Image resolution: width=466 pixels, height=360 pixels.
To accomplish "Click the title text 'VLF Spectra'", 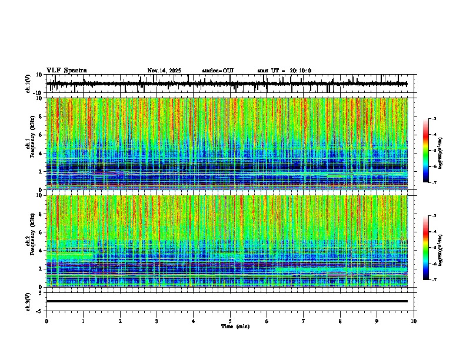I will [66, 71].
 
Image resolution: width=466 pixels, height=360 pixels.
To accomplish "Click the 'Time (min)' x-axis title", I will [235, 326].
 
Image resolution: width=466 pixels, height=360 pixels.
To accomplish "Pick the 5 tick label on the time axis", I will [230, 321].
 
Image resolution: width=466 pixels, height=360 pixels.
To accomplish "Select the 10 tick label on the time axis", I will [414, 321].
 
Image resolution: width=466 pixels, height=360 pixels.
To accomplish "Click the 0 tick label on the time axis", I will [46, 321].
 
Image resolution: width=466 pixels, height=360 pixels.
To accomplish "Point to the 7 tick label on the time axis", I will [304, 321].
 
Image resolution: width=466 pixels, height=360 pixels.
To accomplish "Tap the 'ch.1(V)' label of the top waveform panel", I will [28, 84].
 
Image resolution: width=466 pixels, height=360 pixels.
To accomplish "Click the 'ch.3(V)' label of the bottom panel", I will [28, 301].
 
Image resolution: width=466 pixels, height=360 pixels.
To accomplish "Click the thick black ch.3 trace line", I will [227, 301].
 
